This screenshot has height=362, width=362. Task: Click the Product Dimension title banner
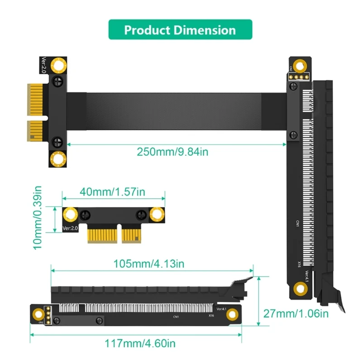[x=180, y=30]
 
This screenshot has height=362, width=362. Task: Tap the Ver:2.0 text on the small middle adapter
[x=71, y=229]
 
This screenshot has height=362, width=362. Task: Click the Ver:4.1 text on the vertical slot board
[x=306, y=276]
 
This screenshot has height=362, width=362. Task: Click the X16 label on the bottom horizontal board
[x=211, y=316]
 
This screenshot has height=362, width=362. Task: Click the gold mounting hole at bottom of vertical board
[x=299, y=288]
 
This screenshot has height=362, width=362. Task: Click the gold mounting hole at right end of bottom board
[x=233, y=314]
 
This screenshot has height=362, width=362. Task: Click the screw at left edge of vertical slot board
[x=293, y=134]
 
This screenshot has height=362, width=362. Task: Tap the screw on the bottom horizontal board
[x=98, y=320]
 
